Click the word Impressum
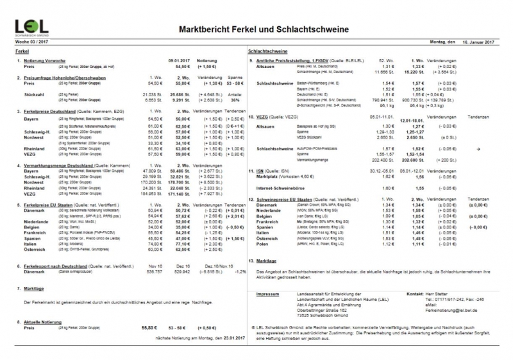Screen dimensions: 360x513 [x=269, y=293]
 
